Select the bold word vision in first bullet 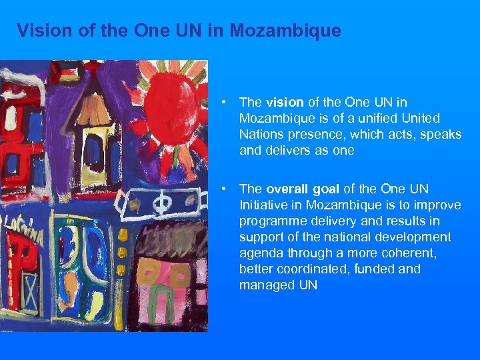pos(285,102)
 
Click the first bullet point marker pos(227,102)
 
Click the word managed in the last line pos(265,285)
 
